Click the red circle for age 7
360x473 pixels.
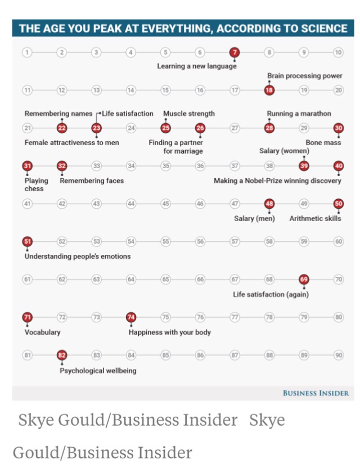[235, 52]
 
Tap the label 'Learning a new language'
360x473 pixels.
[196, 66]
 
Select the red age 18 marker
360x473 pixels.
[269, 90]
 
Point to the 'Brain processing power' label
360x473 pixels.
[304, 76]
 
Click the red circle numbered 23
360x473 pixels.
[97, 128]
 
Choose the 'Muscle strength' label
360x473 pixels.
[188, 114]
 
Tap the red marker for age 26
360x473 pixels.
[200, 128]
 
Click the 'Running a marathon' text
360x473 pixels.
[299, 114]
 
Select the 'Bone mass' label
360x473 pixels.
[323, 143]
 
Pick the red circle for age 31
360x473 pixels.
[27, 166]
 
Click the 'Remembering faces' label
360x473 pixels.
[92, 181]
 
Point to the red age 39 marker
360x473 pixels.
[304, 166]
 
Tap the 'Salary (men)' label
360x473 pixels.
[254, 218]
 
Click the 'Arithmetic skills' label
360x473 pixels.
[315, 218]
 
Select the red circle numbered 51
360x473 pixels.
[27, 242]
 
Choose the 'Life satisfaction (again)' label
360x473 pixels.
[271, 294]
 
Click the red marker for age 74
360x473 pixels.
[131, 318]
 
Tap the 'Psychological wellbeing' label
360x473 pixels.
[98, 371]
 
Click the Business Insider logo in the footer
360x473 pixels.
[316, 393]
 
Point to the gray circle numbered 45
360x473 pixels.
[165, 204]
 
